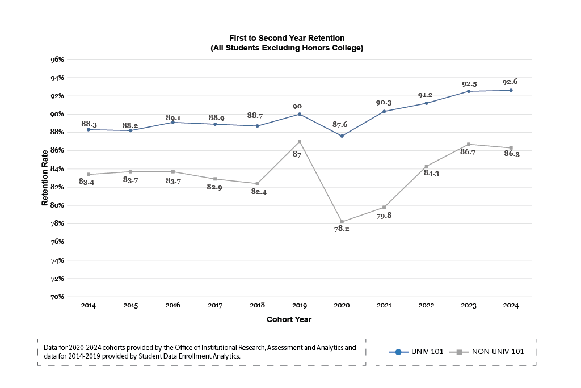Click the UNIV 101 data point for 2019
pyautogui.click(x=300, y=114)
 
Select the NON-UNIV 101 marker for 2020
pyautogui.click(x=342, y=222)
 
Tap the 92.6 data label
pyautogui.click(x=511, y=82)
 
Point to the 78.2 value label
pyautogui.click(x=342, y=229)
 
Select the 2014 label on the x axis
pyautogui.click(x=88, y=305)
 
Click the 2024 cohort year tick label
pyautogui.click(x=511, y=305)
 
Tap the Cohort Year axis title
pyautogui.click(x=289, y=319)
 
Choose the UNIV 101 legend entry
pyautogui.click(x=416, y=352)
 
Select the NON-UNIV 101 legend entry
pyautogui.click(x=490, y=352)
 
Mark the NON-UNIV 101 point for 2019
pyautogui.click(x=300, y=141)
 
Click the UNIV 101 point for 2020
pyautogui.click(x=342, y=136)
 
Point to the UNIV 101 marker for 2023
pyautogui.click(x=469, y=91)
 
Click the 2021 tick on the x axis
pyautogui.click(x=384, y=305)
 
